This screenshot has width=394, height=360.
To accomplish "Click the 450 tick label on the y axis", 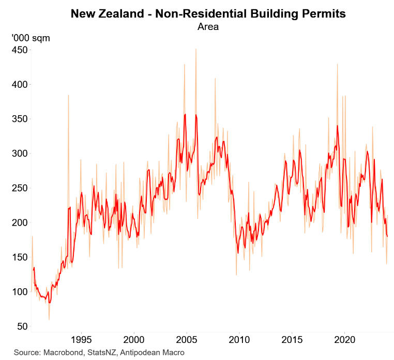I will pyautogui.click(x=19, y=50).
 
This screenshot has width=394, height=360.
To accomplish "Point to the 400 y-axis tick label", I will pyautogui.click(x=19, y=84).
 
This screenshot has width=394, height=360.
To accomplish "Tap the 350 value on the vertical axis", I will pyautogui.click(x=19, y=119).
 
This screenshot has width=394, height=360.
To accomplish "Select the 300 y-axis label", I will pyautogui.click(x=19, y=153).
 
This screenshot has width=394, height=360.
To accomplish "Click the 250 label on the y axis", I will pyautogui.click(x=19, y=188).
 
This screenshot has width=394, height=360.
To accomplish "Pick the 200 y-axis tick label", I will pyautogui.click(x=19, y=223).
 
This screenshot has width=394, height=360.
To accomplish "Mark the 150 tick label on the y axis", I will pyautogui.click(x=19, y=257).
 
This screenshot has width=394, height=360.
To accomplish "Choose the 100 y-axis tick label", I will pyautogui.click(x=19, y=292).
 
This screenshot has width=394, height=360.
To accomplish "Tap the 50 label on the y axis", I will pyautogui.click(x=21, y=326).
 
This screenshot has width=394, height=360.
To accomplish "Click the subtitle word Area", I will pyautogui.click(x=208, y=27).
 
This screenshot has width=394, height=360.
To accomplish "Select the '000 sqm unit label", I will pyautogui.click(x=31, y=38).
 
